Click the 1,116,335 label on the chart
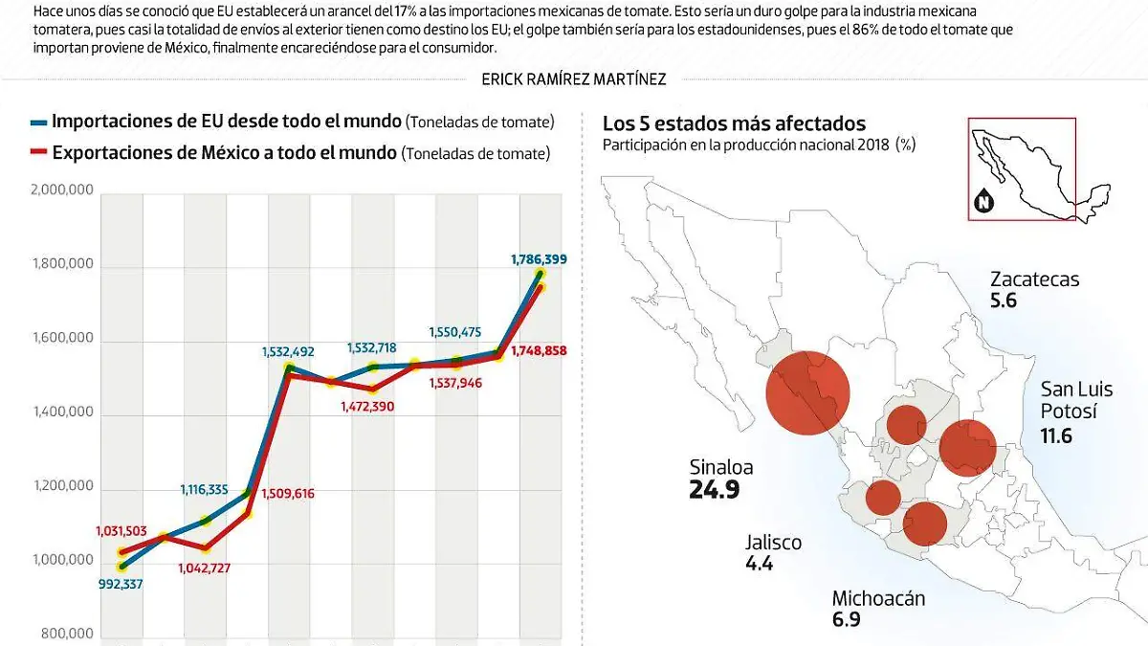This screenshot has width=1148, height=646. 204,490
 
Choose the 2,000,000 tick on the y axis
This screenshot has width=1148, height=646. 62,190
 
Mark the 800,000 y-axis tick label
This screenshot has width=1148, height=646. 67,634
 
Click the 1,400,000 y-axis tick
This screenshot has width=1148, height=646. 62,412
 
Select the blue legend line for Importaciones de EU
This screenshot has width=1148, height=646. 38,123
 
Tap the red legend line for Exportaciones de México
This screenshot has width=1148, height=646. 38,153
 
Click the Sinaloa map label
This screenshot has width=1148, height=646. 721,467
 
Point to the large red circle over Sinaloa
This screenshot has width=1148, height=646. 807,393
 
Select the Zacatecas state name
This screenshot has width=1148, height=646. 1034,279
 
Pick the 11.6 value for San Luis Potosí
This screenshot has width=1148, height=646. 1056,436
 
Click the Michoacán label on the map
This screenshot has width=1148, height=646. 878,599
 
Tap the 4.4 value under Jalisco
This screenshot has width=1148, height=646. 759,564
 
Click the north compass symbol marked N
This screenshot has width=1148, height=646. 982,202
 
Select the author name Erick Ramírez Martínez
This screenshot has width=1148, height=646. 574,79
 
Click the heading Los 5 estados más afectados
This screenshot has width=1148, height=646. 734,123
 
